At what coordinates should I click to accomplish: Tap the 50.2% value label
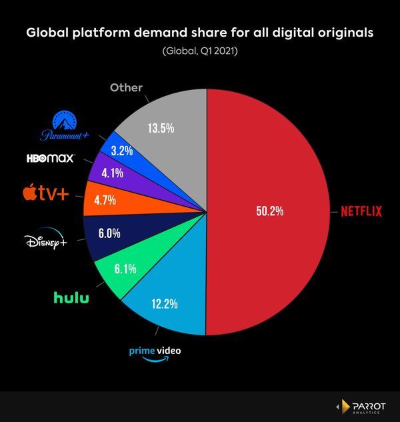270,211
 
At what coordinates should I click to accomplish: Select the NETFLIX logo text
361,212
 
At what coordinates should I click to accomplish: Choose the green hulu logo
71,297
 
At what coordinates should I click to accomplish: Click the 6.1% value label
125,270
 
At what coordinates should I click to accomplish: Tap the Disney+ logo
45,240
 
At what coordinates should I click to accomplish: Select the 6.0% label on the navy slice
110,235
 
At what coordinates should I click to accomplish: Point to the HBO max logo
49,159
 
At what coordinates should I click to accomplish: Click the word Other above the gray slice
127,87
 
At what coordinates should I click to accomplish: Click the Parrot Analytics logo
363,406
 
